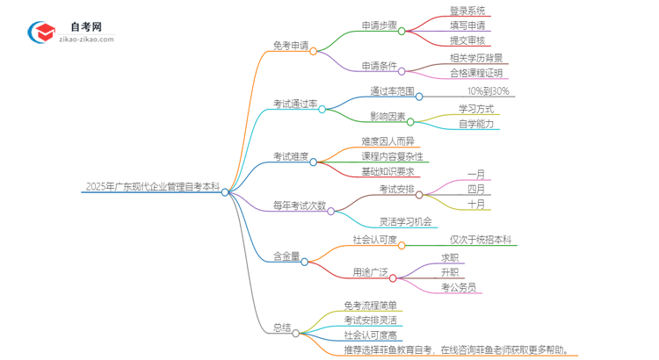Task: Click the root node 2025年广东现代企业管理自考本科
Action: tap(153, 186)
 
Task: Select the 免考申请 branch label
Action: tap(291, 46)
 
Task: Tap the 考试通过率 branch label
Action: tap(295, 104)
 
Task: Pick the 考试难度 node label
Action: tap(291, 156)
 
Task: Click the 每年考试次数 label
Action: tap(299, 205)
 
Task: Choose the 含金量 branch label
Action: tap(286, 256)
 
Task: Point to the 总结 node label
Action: tap(282, 328)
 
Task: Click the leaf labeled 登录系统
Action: tap(467, 11)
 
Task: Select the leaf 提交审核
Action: tap(467, 40)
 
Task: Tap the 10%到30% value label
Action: tap(489, 91)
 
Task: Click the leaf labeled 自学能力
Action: tap(476, 124)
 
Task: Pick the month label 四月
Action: tap(476, 189)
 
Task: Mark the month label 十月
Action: tap(476, 204)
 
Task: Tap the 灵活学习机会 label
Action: tap(405, 221)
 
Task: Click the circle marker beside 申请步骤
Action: tap(402, 31)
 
